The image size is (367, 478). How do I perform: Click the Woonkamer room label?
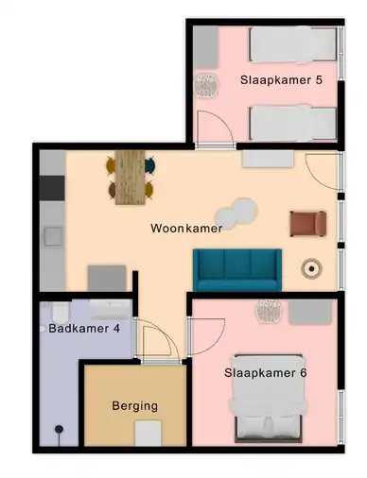click(186, 228)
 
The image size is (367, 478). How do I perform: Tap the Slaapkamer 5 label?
click(281, 80)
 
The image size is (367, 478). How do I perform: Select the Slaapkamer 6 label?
click(265, 373)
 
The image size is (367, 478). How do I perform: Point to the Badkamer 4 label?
click(84, 329)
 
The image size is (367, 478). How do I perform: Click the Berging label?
click(135, 406)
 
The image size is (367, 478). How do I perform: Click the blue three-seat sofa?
click(237, 270)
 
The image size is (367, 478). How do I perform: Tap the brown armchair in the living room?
click(308, 224)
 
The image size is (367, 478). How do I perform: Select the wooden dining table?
click(131, 178)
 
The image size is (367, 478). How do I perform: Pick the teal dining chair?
click(150, 164)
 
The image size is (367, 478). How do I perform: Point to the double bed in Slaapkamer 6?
click(269, 400)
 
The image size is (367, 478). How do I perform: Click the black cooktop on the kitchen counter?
click(52, 188)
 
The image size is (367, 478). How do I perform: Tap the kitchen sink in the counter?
click(53, 236)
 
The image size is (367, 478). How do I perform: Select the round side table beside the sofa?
click(311, 268)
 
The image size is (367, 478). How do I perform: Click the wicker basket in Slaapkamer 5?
click(206, 86)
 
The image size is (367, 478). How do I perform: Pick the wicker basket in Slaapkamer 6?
click(268, 311)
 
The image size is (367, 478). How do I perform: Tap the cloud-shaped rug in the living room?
click(236, 213)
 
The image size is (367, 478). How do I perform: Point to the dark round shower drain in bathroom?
click(59, 429)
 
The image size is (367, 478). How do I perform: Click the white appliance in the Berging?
click(148, 434)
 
